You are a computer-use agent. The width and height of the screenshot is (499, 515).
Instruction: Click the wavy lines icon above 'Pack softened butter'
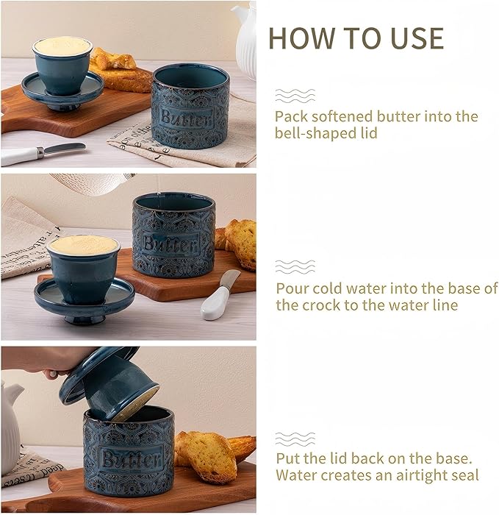(295, 96)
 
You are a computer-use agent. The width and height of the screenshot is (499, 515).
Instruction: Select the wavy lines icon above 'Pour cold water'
(295, 266)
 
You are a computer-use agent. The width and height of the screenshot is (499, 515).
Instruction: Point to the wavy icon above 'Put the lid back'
(295, 438)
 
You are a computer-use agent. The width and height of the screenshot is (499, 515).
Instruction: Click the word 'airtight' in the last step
(412, 475)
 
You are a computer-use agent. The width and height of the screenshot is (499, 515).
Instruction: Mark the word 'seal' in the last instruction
(464, 475)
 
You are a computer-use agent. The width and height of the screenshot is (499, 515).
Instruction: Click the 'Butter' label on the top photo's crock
(186, 118)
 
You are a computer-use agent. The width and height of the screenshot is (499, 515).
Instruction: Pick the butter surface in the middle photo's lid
(82, 246)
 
